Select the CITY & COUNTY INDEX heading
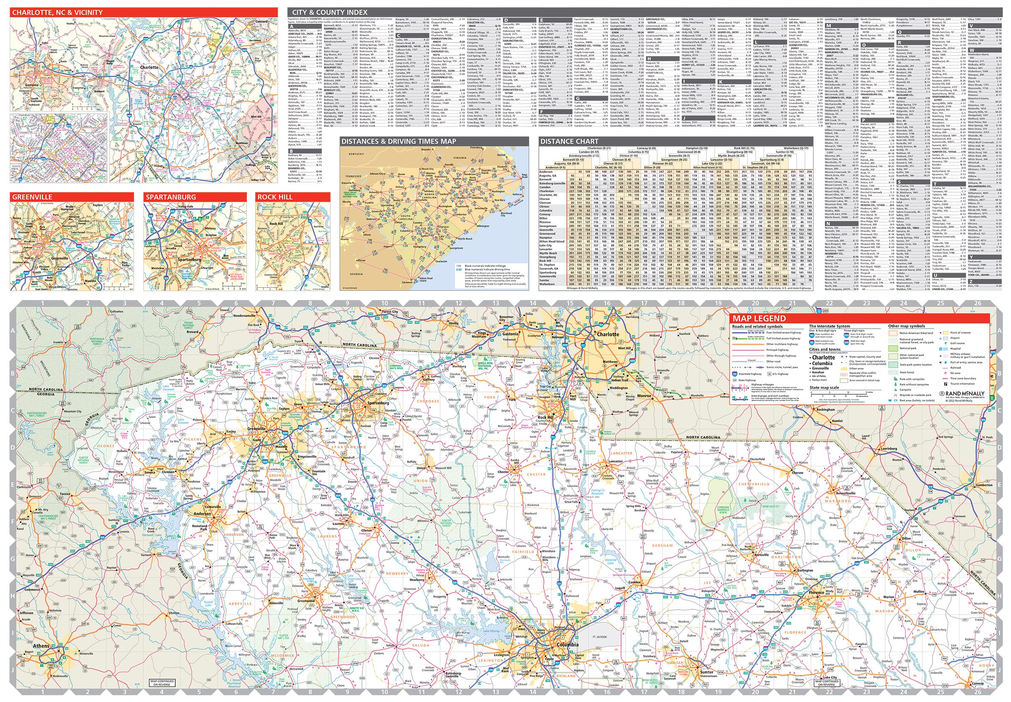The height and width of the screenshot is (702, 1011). click(329, 12)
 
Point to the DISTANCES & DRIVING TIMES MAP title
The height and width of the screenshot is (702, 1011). click(399, 141)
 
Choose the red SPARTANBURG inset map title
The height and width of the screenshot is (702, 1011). click(170, 197)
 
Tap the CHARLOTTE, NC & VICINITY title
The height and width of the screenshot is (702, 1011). click(57, 12)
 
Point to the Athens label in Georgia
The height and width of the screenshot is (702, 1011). click(42, 646)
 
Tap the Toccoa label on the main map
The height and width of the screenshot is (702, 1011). click(65, 494)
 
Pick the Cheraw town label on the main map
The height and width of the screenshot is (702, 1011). click(798, 473)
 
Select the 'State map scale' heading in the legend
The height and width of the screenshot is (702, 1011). click(824, 388)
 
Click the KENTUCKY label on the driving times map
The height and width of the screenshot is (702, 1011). click(357, 154)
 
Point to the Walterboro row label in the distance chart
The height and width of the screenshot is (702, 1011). click(548, 284)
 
